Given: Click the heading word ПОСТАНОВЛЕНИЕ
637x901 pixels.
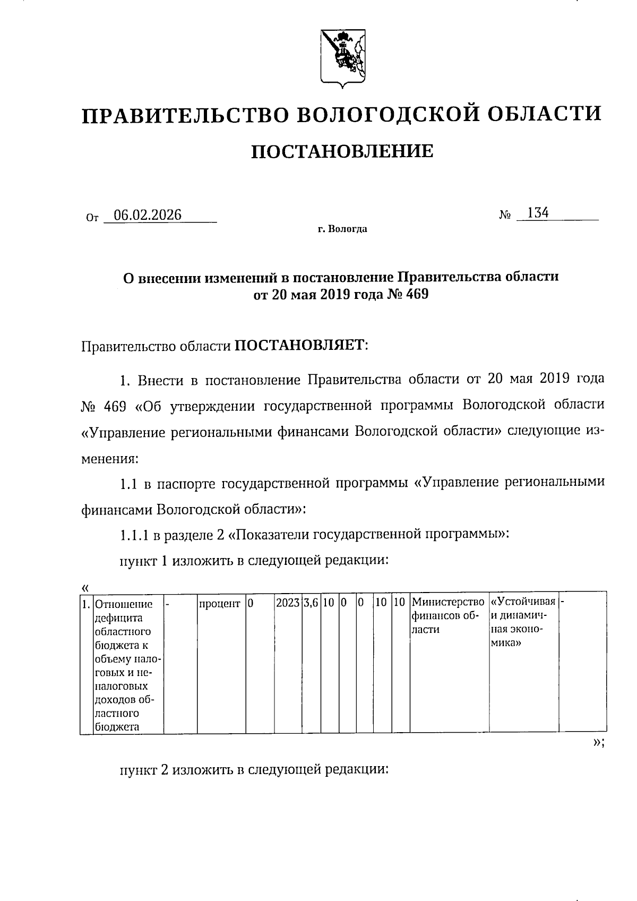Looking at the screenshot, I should click(341, 152).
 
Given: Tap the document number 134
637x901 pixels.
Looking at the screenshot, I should click(537, 213).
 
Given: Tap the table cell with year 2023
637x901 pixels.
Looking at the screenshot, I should click(288, 604).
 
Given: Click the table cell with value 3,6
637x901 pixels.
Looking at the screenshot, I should click(312, 604).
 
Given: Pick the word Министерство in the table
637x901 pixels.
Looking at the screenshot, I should click(449, 603).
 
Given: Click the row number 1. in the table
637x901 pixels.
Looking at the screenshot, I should click(86, 604).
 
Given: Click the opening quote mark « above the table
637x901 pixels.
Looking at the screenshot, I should click(85, 587).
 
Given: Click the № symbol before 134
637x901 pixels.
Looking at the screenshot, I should click(505, 216).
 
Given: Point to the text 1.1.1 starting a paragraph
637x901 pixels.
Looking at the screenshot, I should click(134, 535).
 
